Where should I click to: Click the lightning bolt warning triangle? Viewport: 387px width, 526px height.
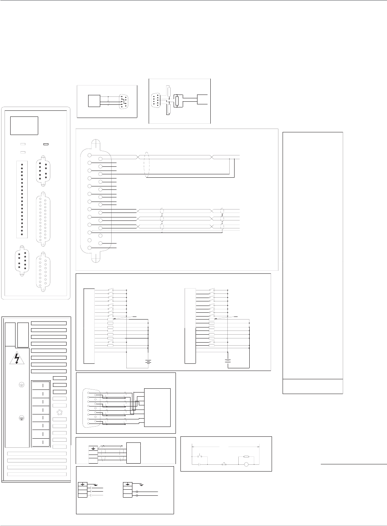point(18,358)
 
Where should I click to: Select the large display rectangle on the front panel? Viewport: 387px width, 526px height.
point(24,126)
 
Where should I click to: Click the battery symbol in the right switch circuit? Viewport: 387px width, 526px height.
point(228,360)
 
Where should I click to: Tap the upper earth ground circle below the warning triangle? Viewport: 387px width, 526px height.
point(22,385)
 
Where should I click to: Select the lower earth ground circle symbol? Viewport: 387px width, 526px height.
point(22,418)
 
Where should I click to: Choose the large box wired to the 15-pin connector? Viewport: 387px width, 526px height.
point(157,407)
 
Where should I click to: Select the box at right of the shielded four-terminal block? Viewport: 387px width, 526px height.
point(134,452)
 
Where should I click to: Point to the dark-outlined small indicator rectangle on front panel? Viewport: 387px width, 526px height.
point(47,144)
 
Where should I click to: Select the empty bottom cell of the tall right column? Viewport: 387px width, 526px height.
point(312,386)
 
